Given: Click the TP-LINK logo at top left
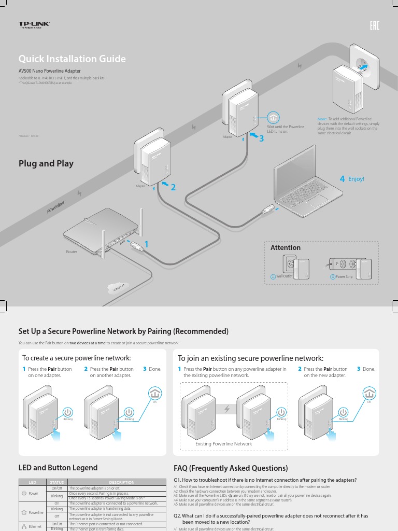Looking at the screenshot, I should pos(31,25).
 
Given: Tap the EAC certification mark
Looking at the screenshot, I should pos(374,25).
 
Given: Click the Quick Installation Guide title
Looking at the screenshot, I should pos(72,59).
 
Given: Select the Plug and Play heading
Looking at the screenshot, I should pos(46,163).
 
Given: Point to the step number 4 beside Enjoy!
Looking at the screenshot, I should pos(342,179).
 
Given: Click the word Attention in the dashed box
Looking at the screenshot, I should pos(286,248).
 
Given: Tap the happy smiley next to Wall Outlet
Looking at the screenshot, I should pos(273,277).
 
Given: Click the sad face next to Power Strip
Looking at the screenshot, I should pos(333,277).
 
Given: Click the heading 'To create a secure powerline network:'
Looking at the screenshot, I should pos(76,358).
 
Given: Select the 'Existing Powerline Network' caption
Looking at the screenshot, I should pos(223,444).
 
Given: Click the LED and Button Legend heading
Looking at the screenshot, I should pos(58,468).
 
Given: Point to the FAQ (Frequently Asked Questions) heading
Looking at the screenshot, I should pos(231,468).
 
